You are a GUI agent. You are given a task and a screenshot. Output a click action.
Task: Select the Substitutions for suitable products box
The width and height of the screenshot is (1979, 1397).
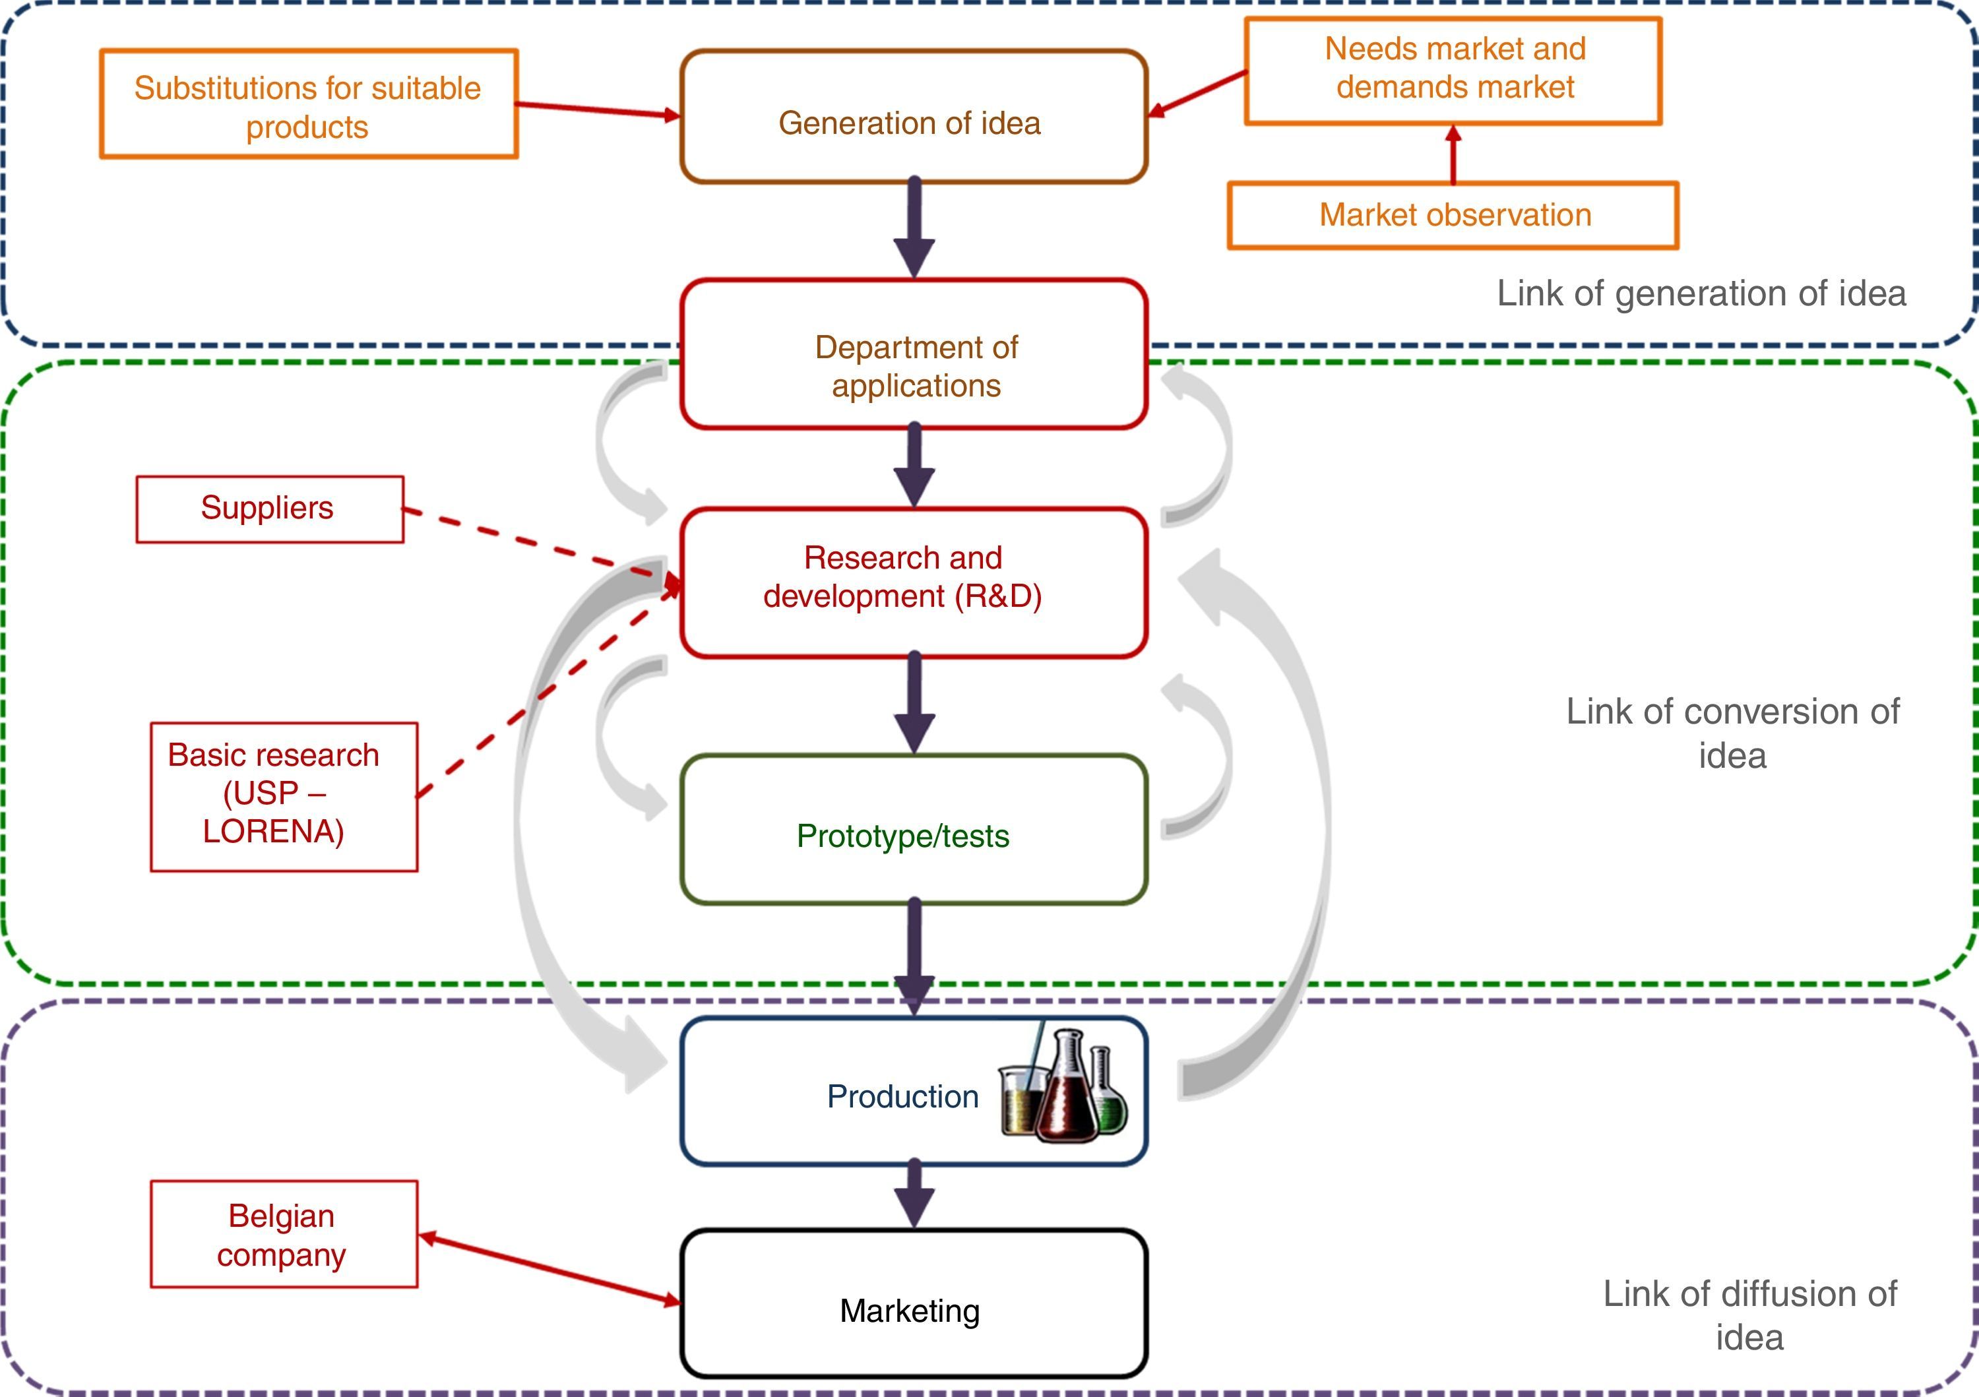pyautogui.click(x=307, y=104)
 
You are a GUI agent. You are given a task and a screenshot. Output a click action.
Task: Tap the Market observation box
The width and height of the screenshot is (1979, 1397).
pyautogui.click(x=1453, y=216)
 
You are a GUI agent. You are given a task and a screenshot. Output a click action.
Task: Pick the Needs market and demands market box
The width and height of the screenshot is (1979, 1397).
pyautogui.click(x=1453, y=70)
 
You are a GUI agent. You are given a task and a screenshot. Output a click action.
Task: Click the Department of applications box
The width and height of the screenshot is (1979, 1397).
pyautogui.click(x=913, y=354)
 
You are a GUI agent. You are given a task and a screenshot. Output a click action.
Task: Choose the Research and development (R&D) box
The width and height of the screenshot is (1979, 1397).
pyautogui.click(x=913, y=582)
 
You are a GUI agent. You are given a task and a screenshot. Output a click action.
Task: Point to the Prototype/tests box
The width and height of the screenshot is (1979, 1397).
pyautogui.click(x=913, y=830)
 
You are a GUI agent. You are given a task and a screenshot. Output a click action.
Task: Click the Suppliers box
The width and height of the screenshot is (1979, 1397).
pyautogui.click(x=269, y=509)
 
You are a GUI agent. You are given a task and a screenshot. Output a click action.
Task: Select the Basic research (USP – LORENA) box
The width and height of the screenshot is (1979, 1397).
pyautogui.click(x=284, y=796)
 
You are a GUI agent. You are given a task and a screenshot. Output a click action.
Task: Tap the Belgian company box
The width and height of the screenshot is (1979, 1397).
pyautogui.click(x=284, y=1234)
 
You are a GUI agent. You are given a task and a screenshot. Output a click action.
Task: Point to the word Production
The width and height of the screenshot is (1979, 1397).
pyautogui.click(x=902, y=1096)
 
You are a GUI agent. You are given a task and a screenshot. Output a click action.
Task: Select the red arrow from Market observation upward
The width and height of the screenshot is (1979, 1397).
pyautogui.click(x=1453, y=155)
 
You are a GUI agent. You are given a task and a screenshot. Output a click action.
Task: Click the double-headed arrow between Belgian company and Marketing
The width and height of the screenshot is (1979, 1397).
pyautogui.click(x=549, y=1268)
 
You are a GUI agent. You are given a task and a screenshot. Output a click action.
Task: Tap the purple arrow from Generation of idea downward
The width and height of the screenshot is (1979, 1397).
pyautogui.click(x=914, y=228)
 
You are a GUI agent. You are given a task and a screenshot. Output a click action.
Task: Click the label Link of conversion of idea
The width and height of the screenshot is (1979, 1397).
pyautogui.click(x=1732, y=733)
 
